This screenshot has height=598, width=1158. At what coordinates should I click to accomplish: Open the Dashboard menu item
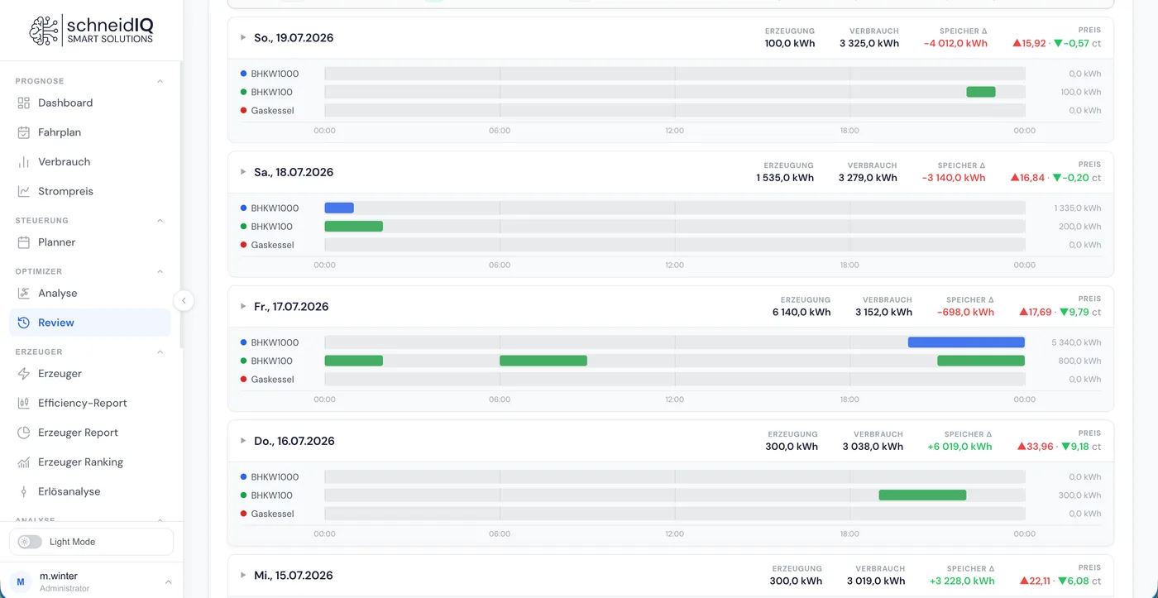click(65, 103)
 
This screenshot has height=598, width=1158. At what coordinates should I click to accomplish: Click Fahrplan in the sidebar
click(60, 132)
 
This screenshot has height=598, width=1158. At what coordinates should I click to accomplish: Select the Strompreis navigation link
click(65, 191)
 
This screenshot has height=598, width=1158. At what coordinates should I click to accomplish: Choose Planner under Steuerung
click(56, 242)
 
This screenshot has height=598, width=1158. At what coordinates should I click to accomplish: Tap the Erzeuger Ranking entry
click(81, 462)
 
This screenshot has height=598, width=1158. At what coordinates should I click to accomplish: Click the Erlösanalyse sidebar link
click(69, 491)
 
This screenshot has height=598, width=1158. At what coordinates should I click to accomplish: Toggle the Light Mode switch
click(30, 542)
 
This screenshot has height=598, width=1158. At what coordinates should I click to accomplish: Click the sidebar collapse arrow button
click(184, 301)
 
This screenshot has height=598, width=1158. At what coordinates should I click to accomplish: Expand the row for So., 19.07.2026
click(243, 38)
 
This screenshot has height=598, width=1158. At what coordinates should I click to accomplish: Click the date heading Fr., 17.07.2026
click(291, 307)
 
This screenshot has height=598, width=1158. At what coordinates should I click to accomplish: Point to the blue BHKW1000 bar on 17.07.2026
click(966, 342)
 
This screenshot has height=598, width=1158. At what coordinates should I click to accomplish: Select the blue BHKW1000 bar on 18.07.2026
click(339, 208)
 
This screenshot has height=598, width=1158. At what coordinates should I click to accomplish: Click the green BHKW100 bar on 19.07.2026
click(981, 92)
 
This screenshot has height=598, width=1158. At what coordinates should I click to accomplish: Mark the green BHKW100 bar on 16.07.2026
click(922, 495)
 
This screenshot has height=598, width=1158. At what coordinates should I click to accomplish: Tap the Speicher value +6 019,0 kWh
click(960, 447)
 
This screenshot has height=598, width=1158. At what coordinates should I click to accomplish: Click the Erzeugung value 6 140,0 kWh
click(802, 312)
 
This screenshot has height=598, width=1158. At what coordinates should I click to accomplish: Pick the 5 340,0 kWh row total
click(1076, 342)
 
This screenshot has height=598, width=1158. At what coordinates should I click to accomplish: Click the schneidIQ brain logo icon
click(44, 31)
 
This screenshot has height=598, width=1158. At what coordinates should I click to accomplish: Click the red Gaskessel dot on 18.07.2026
click(243, 245)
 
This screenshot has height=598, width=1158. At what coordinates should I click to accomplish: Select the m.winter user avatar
click(21, 582)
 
